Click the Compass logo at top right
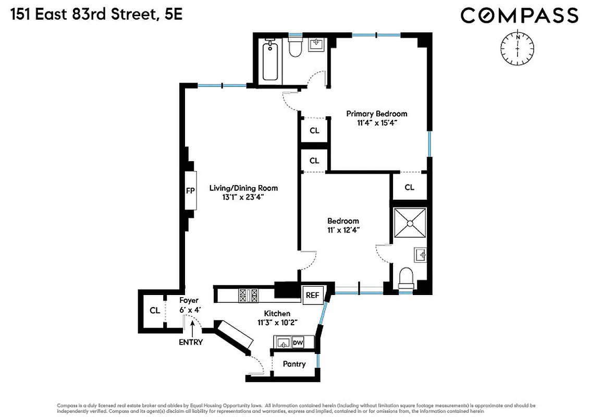[x=519, y=15]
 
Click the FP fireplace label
[x=190, y=191]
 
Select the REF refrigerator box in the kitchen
[x=312, y=295]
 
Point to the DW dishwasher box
[x=298, y=342]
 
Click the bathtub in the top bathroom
[x=270, y=62]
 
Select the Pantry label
[x=294, y=364]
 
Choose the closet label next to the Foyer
[x=154, y=311]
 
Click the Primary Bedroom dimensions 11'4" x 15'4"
[x=377, y=124]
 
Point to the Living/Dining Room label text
[x=243, y=188]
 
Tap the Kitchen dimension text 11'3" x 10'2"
[x=277, y=322]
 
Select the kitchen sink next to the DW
[x=283, y=342]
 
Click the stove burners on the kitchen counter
[x=249, y=296]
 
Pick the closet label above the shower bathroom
[x=409, y=187]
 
